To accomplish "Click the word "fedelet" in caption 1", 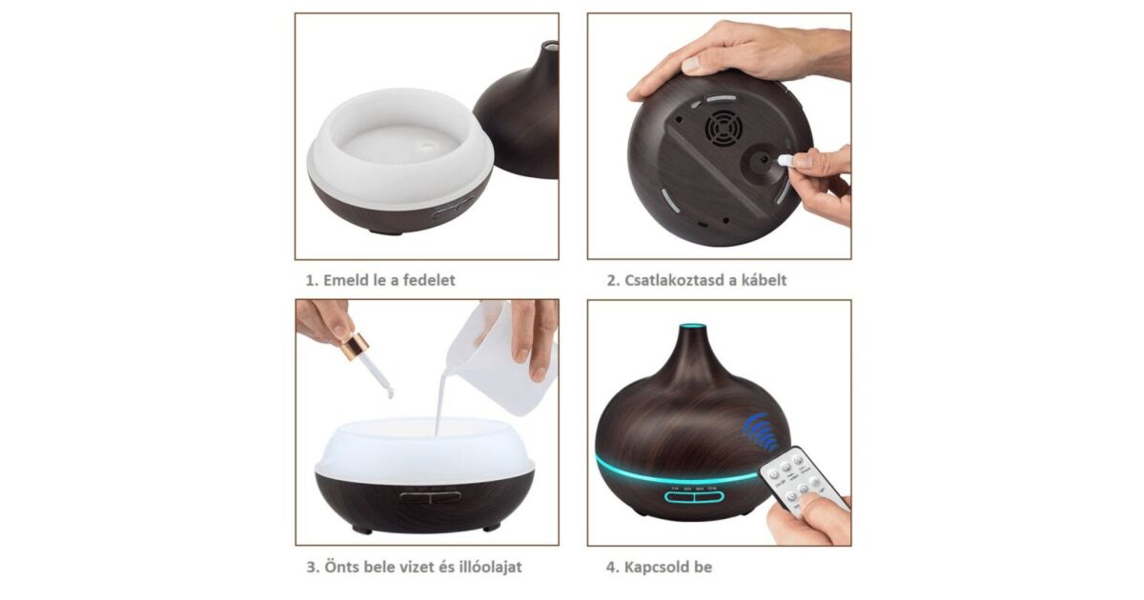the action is (x=429, y=280).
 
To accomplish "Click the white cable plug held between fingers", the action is (x=785, y=161).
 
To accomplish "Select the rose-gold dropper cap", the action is (x=355, y=346).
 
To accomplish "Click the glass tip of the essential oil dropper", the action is (x=390, y=392).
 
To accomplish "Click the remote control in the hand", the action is (x=801, y=481).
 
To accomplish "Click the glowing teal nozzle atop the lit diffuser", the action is (x=692, y=326).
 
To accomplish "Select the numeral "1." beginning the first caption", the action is (x=312, y=281).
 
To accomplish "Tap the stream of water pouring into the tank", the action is (x=440, y=403).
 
